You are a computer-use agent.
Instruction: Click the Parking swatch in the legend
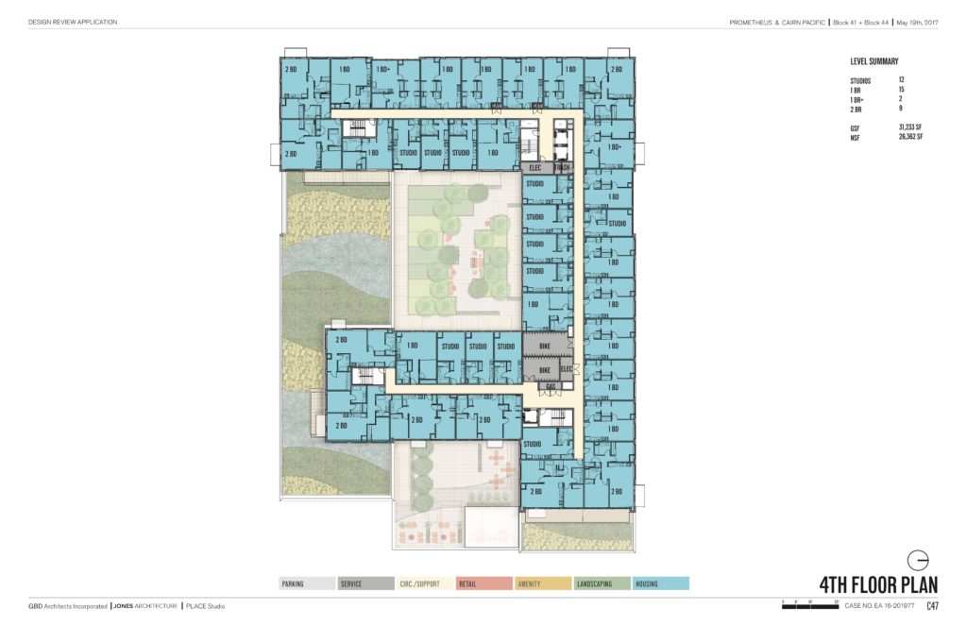pos(307,584)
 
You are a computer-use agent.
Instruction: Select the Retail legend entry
pos(483,584)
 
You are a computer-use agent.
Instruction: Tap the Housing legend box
pos(661,584)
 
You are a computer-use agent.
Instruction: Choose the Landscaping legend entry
pos(602,584)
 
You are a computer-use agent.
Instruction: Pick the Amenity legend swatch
pos(543,584)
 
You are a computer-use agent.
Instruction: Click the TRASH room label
pos(563,168)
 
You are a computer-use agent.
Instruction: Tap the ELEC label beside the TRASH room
pos(534,168)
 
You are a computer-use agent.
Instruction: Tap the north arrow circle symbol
pos(917,557)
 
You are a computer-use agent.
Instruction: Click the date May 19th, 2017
pos(915,22)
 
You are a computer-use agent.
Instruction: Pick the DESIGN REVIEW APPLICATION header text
pos(73,22)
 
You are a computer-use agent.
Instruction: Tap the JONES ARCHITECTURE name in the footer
pos(144,606)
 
